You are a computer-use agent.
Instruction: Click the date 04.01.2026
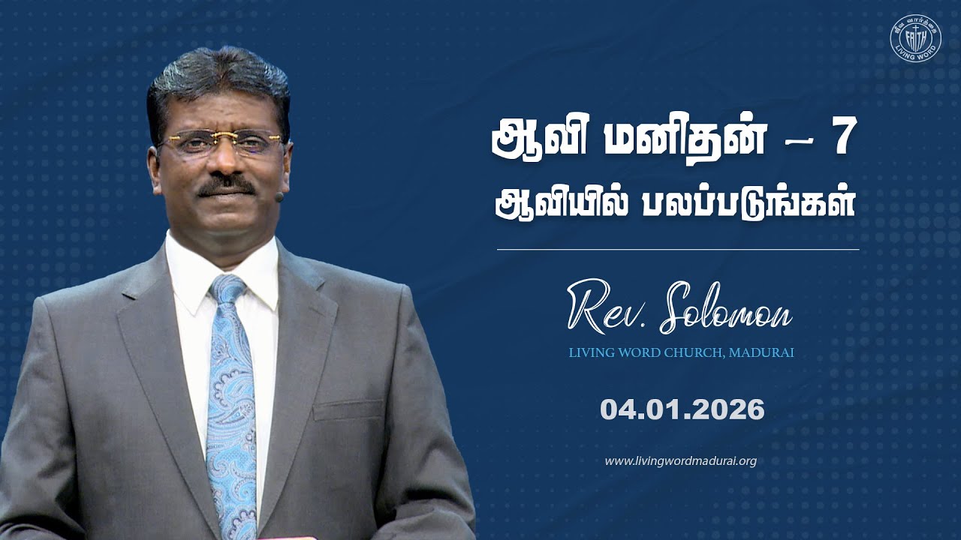pyautogui.click(x=682, y=409)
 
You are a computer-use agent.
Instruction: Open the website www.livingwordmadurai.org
pyautogui.click(x=680, y=460)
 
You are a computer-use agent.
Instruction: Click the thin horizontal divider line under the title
pyautogui.click(x=677, y=249)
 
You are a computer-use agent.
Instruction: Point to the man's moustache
pyautogui.click(x=225, y=184)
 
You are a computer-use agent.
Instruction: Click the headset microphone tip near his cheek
pyautogui.click(x=279, y=197)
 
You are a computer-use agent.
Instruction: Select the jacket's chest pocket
pyautogui.click(x=348, y=409)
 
